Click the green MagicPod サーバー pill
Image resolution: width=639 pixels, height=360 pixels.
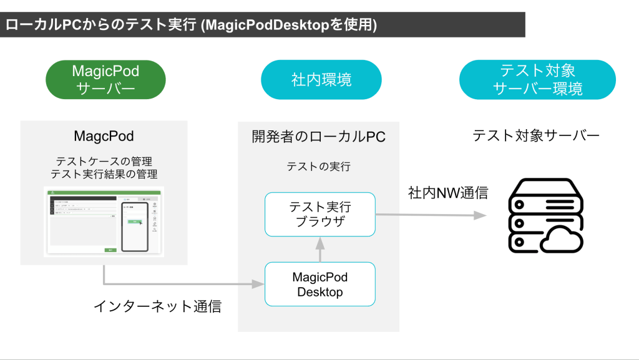coord(105,80)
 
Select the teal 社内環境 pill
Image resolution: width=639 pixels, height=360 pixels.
coord(321,80)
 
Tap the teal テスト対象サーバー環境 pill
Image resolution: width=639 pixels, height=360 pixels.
coord(537,80)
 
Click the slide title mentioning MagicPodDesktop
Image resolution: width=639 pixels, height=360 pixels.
coord(191,25)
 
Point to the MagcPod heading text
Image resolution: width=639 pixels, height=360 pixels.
coord(104,136)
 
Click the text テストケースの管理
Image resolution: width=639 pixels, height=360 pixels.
coord(104,162)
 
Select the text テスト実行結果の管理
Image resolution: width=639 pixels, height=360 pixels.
coord(104,174)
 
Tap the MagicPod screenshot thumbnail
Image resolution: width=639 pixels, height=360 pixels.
coord(104,221)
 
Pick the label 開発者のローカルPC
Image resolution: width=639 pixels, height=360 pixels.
coord(319,137)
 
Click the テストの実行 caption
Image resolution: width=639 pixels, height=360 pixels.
coord(318,167)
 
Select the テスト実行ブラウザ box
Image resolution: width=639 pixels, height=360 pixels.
coord(320,214)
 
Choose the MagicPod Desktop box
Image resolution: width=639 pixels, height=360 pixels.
coord(320,284)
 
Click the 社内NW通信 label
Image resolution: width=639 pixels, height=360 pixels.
coord(448,193)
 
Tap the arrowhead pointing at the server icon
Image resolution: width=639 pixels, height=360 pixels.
coord(480,215)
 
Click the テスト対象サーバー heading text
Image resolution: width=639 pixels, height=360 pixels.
coord(536,135)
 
